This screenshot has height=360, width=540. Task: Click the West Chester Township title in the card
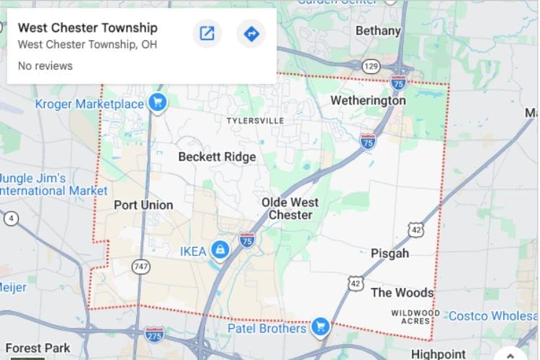(x=88, y=28)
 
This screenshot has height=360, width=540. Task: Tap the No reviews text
(x=45, y=66)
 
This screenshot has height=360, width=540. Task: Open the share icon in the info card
(x=207, y=34)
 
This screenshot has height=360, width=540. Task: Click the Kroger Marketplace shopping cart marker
(x=157, y=103)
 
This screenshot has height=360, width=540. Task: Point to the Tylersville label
(x=255, y=120)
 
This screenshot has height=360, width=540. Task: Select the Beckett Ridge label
(x=217, y=156)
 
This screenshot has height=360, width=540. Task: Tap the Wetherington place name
(x=368, y=101)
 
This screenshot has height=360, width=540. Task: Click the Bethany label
(x=378, y=31)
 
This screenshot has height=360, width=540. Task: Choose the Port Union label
(x=143, y=205)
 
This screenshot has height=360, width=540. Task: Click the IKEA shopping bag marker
(x=220, y=250)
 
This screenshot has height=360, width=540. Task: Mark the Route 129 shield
(x=371, y=66)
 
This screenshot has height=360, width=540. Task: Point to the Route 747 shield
(x=140, y=266)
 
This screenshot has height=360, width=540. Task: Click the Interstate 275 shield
(x=154, y=334)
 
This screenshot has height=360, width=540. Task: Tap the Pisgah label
(x=390, y=253)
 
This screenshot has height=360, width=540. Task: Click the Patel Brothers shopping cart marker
(x=320, y=328)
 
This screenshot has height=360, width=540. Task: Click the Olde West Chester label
(x=290, y=209)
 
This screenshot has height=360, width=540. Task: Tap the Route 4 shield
(x=12, y=218)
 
